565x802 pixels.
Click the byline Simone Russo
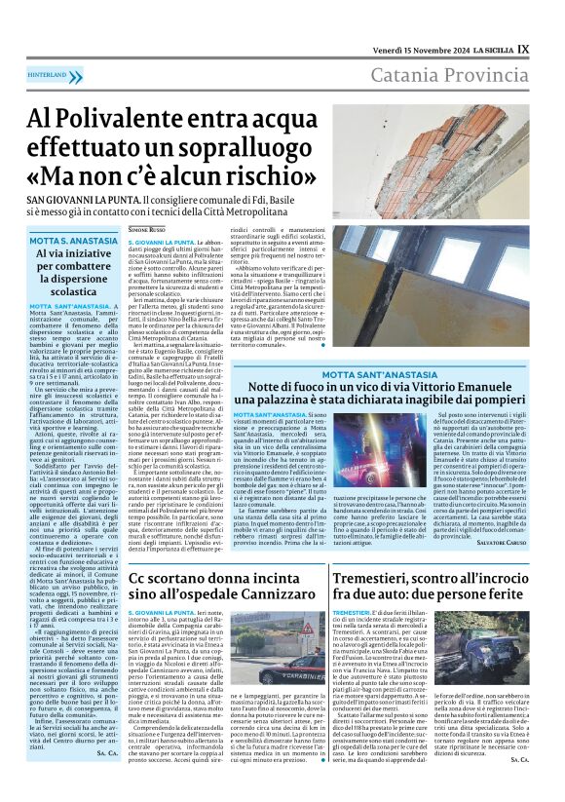pyautogui.click(x=147, y=229)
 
